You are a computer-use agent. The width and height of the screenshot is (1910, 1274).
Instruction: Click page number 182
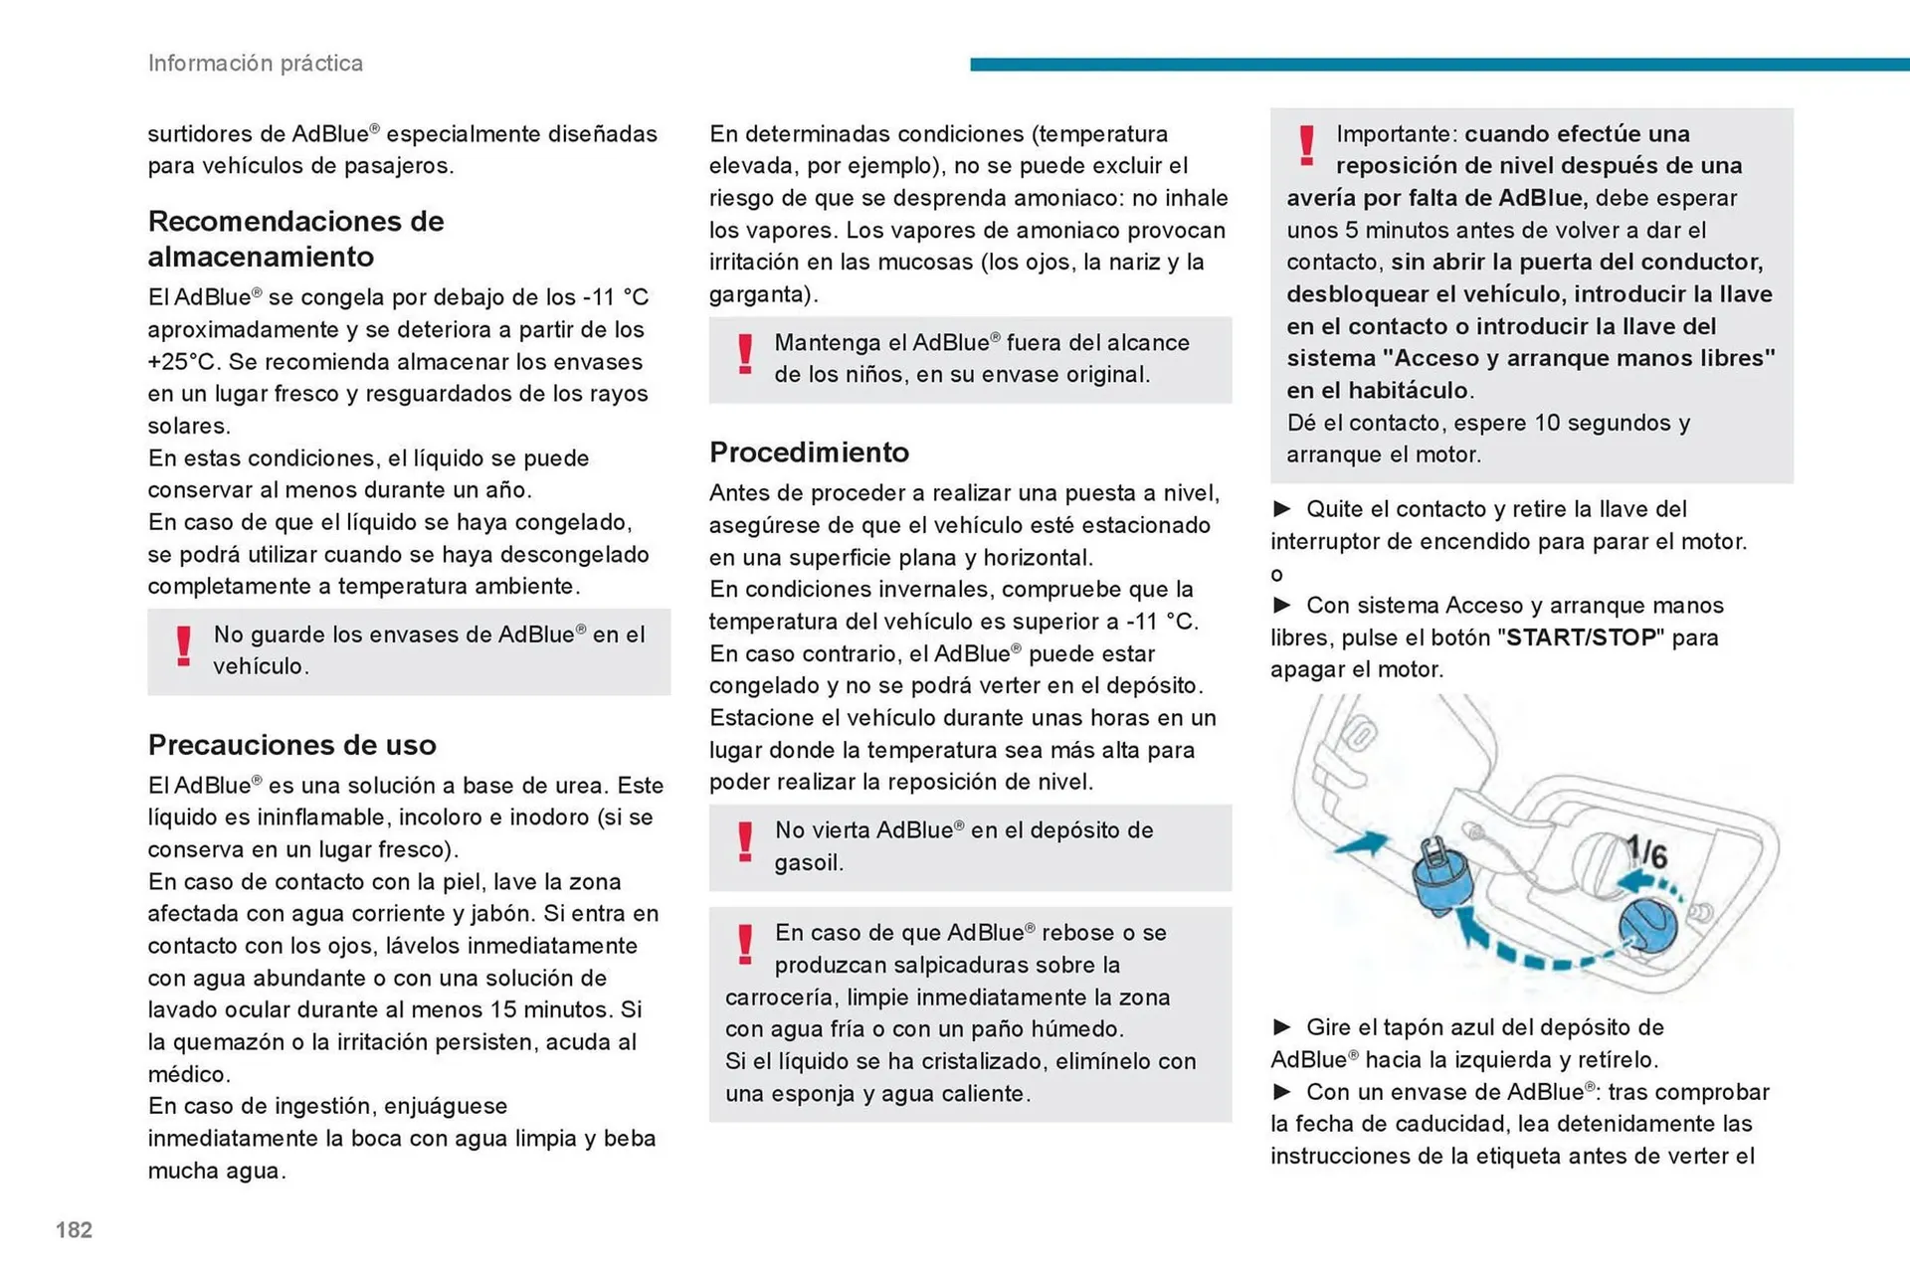74,1230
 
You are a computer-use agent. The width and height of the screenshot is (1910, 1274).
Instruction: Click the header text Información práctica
255,63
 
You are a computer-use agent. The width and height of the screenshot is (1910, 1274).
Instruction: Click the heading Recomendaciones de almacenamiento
295,239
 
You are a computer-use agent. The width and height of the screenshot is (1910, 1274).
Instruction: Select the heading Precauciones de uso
291,745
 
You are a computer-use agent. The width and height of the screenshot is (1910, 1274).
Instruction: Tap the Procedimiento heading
809,453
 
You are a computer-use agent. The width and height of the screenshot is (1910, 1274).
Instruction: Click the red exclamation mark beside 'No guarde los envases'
183,646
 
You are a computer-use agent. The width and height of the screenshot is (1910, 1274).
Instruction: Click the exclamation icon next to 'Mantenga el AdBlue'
744,355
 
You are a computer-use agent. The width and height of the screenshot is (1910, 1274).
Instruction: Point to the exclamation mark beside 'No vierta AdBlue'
744,842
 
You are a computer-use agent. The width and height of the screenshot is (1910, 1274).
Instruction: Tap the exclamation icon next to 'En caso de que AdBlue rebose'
744,945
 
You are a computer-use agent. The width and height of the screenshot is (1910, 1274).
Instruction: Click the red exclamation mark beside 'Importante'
1306,145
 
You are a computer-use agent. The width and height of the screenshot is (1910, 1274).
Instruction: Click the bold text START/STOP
1581,637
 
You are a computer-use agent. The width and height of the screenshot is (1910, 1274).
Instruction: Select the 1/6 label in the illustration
1646,851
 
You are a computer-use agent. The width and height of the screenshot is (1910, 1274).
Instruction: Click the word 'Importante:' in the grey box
1397,134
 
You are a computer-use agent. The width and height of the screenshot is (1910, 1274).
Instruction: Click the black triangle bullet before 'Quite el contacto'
1282,509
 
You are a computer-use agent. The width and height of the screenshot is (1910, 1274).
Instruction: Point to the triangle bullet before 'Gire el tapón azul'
1282,1027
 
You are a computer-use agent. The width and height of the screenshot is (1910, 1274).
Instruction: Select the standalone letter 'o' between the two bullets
1276,575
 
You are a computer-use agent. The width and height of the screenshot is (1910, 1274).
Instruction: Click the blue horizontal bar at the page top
1438,65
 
